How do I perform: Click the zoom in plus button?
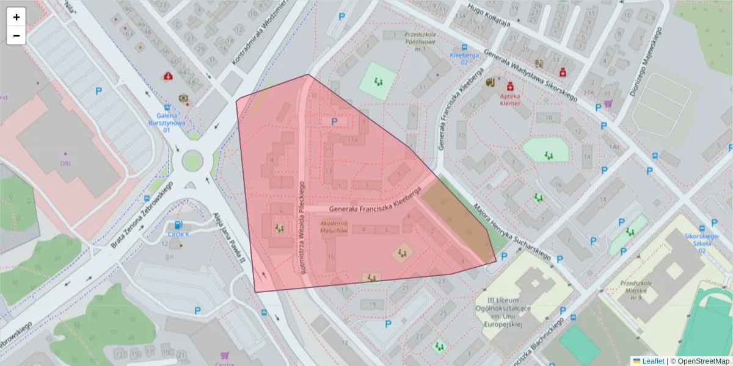tap(16, 17)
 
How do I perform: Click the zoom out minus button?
tap(16, 35)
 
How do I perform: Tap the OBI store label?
tap(65, 163)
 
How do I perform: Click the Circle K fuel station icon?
tap(178, 225)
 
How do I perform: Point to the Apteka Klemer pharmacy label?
tap(510, 99)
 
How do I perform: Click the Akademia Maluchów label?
tap(334, 227)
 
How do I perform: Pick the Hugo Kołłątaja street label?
tap(489, 15)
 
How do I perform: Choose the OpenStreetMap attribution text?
tap(703, 361)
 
